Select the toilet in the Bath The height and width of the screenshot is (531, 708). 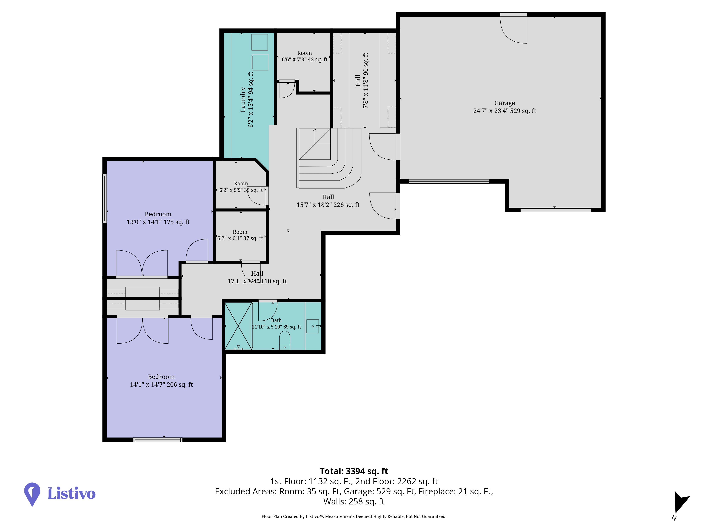[285, 340]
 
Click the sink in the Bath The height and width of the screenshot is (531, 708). [313, 326]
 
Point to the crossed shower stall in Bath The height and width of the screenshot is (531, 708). [238, 326]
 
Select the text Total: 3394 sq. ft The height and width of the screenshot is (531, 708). [354, 471]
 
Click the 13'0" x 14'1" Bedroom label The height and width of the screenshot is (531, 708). [158, 218]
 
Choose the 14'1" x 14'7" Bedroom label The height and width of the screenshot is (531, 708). [161, 381]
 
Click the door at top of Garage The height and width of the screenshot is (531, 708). [513, 28]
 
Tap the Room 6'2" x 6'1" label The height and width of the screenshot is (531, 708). [240, 235]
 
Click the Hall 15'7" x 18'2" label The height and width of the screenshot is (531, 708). [328, 201]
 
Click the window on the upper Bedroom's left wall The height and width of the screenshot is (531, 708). [104, 198]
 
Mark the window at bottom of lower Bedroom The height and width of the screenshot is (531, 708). [158, 439]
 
